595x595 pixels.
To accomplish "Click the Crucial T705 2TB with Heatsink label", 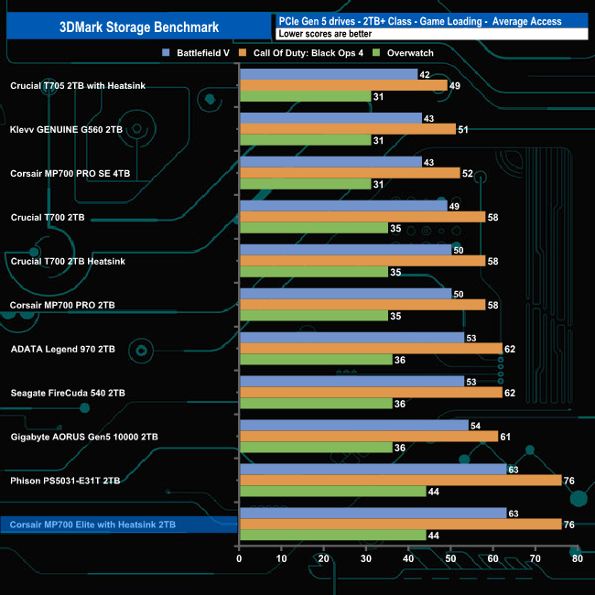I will point(78,86).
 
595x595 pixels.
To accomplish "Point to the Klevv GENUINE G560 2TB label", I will point(66,130).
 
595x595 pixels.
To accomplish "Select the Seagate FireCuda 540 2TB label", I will point(68,393).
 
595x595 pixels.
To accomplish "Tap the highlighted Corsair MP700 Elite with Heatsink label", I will point(92,525).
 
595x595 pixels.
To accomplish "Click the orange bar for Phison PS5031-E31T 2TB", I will point(399,480).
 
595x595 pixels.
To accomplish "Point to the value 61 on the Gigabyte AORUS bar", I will point(505,437).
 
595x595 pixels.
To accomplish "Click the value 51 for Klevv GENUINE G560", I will point(463,129).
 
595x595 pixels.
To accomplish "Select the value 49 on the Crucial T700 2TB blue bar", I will point(454,206).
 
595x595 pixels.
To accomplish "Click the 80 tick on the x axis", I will point(577,557).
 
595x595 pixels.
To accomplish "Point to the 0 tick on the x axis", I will point(239,557).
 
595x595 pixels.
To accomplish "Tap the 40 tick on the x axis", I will point(407,557).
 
